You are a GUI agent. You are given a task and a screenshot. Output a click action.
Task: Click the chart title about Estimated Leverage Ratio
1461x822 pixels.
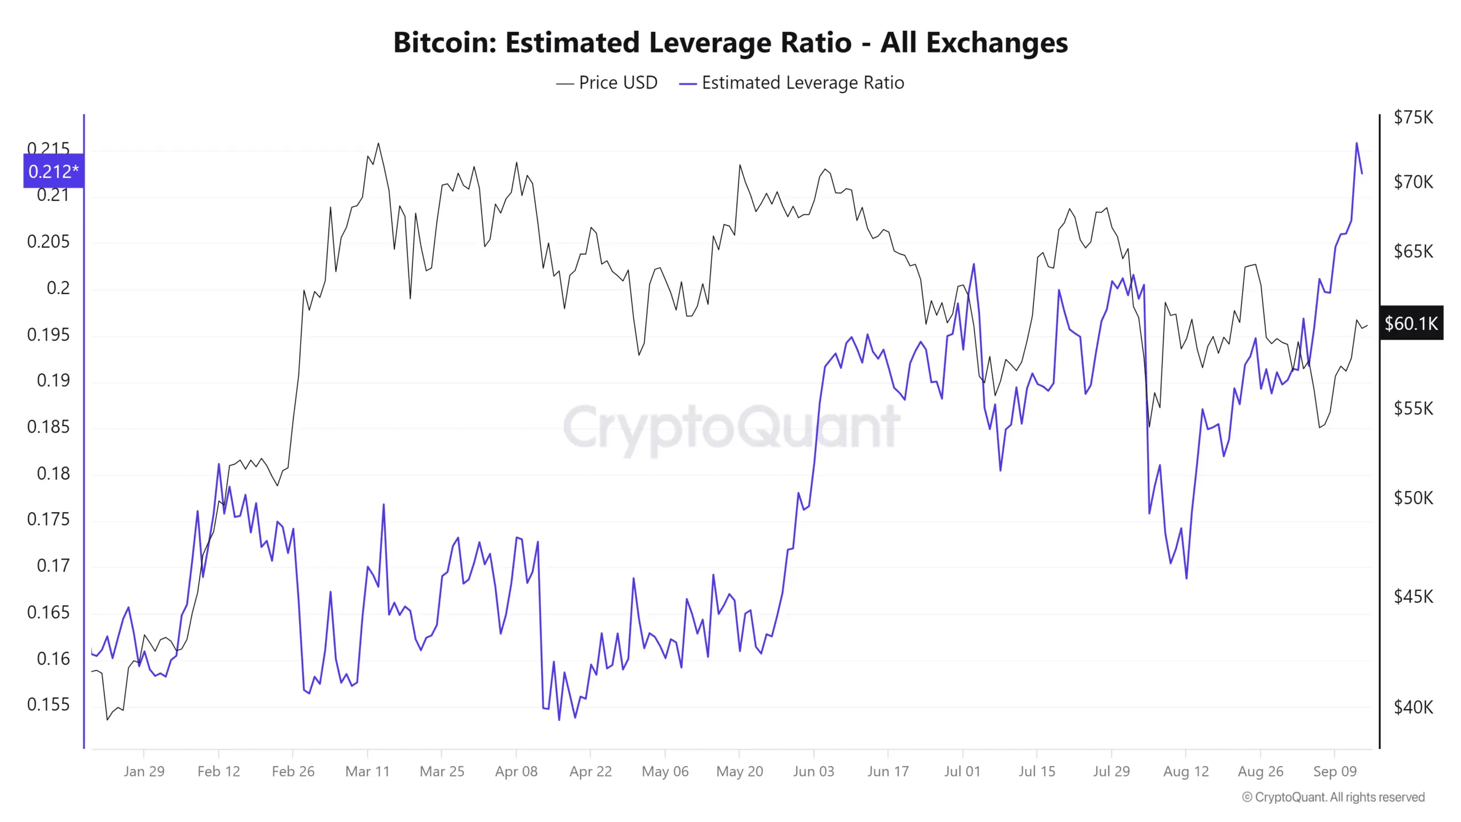coord(730,42)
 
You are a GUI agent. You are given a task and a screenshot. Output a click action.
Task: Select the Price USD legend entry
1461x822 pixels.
coord(607,83)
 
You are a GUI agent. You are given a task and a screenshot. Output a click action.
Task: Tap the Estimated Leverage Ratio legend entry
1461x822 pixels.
coord(792,83)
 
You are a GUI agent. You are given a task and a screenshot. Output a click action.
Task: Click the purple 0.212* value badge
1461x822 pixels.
coord(54,171)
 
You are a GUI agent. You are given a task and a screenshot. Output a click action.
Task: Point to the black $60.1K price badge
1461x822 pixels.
coord(1411,324)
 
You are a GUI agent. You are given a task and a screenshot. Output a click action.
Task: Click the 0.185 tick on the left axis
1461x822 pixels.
coord(49,426)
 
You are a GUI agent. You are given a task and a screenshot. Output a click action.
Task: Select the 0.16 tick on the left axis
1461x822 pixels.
coord(53,658)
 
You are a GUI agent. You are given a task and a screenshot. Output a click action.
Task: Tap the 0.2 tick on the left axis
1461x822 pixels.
coord(58,288)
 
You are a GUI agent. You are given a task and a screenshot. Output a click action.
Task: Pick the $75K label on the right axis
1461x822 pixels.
coord(1414,117)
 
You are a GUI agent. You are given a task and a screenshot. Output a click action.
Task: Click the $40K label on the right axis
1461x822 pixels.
coord(1414,707)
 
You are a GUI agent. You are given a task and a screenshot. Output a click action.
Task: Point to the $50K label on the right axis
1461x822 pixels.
coord(1414,498)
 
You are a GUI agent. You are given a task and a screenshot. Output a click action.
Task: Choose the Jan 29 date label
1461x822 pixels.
coord(144,771)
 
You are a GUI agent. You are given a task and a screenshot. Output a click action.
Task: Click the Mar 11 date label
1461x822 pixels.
coord(368,771)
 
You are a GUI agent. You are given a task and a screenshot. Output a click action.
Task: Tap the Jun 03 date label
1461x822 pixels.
coord(814,771)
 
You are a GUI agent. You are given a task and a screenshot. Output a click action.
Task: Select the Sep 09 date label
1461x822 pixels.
coord(1335,771)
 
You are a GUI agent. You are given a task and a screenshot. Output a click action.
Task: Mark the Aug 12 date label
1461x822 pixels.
coord(1186,771)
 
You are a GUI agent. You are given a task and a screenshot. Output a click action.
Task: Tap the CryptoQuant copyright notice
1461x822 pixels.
coord(1333,797)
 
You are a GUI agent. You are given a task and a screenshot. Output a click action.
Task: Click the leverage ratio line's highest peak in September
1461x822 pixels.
coord(1357,143)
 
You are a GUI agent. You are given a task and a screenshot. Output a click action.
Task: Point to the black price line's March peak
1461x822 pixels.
coord(378,143)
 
